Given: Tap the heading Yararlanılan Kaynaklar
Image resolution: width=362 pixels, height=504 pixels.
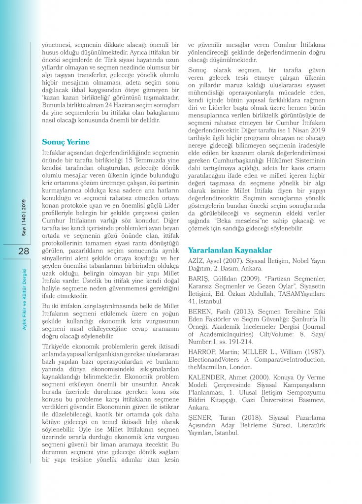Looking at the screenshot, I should click(x=230, y=250).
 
